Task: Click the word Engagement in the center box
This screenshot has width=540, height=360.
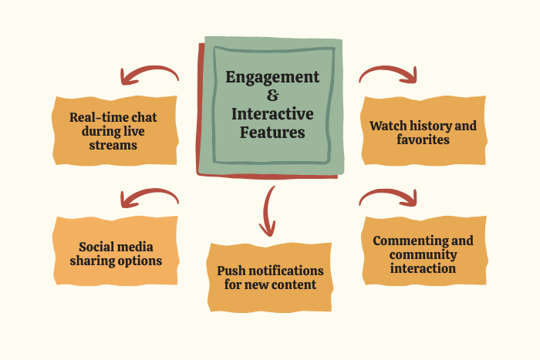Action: coord(272,77)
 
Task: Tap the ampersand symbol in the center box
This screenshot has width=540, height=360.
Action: coord(272,96)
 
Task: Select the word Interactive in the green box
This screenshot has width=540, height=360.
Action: coord(272,114)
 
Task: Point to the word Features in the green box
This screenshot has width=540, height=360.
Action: coord(272,133)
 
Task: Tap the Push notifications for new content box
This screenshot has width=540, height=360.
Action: coord(269,278)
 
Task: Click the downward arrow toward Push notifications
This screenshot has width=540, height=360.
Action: coord(268,210)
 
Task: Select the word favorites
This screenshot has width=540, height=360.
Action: coord(423,140)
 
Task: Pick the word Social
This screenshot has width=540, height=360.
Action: coord(98,247)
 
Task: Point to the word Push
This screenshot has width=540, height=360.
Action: coord(232,271)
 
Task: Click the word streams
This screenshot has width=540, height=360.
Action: coord(114,145)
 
